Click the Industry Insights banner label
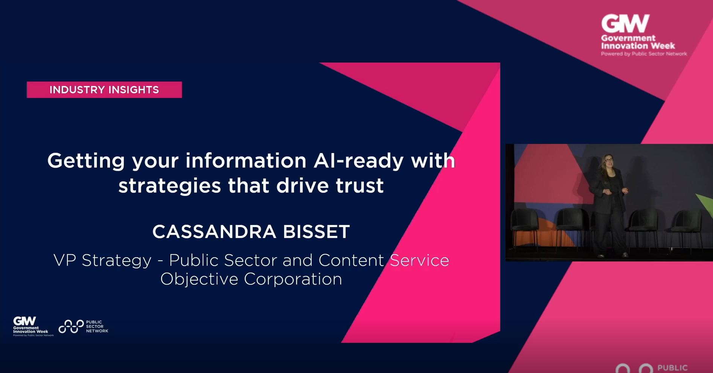104,90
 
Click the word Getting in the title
86,161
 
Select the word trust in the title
360,186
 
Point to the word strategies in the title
169,186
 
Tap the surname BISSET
316,232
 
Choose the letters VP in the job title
65,260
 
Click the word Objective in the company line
199,279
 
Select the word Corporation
293,279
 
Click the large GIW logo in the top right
625,24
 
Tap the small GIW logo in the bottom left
25,321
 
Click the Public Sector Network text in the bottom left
96,327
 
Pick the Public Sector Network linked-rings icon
71,327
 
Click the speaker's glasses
608,160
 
